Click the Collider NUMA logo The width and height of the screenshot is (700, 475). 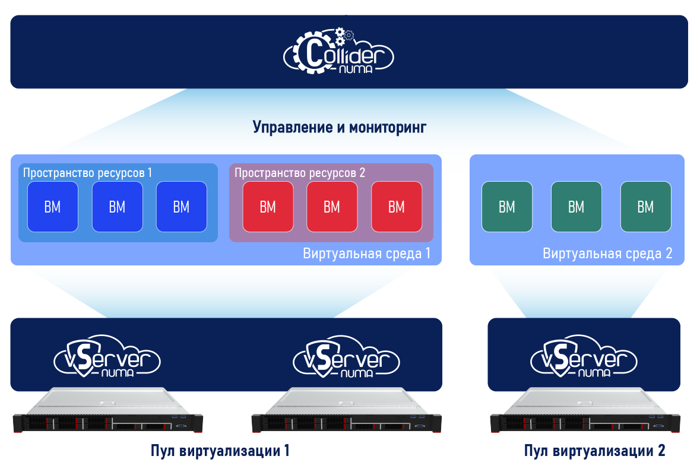coord(338,55)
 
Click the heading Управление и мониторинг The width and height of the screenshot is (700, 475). coord(340,127)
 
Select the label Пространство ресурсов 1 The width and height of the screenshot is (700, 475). coord(88,173)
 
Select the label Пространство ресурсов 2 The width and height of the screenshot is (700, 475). coord(300,173)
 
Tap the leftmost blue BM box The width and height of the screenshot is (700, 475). coord(52,207)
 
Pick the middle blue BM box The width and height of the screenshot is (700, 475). coord(117,207)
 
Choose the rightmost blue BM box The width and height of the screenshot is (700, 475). coord(181,207)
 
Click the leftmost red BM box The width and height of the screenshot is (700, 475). coord(268,207)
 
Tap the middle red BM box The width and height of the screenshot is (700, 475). coord(332,207)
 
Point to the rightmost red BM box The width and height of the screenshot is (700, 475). coord(397,207)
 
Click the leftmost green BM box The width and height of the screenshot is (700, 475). coord(507,207)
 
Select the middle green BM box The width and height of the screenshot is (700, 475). coord(577,207)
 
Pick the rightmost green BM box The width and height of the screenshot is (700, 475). coord(645,207)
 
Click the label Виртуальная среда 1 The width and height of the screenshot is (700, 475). coord(367,254)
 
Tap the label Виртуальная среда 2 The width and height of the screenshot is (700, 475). coord(607,254)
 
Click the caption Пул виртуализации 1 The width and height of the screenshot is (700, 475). coord(220,451)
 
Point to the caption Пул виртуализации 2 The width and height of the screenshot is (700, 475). coord(595,451)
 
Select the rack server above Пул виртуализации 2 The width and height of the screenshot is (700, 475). coord(584,412)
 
